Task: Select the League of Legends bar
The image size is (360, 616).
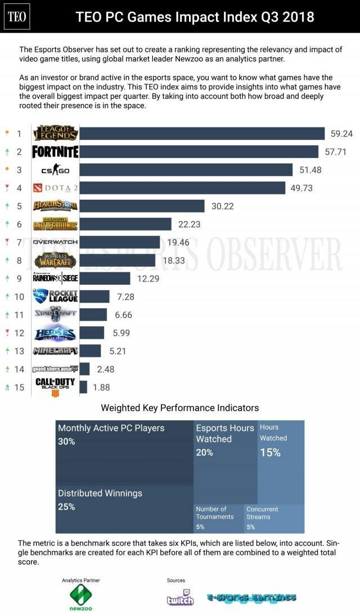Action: [202, 133]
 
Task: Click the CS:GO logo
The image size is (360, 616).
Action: [55, 170]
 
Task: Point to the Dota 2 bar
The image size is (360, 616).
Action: [182, 188]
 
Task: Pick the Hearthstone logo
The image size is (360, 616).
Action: [55, 206]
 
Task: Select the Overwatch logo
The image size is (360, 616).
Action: [55, 242]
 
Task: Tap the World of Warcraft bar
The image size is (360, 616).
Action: [117, 260]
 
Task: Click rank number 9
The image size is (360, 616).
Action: [19, 278]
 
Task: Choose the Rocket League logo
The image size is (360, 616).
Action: [55, 296]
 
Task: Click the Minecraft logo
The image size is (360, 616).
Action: [55, 351]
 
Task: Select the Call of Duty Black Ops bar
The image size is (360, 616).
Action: [83, 387]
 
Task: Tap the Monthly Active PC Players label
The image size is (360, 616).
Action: [111, 428]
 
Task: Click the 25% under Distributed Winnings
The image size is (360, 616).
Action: [66, 507]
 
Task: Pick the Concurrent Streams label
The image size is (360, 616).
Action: [262, 513]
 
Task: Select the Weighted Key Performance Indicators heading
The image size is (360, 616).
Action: [180, 408]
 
